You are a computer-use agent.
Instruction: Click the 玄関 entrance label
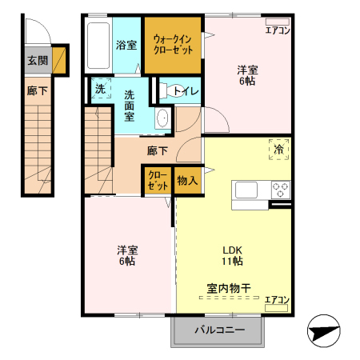(37, 60)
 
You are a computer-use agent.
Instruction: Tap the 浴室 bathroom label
(126, 45)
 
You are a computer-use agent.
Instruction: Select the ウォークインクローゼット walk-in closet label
(173, 44)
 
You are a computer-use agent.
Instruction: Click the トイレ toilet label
(186, 90)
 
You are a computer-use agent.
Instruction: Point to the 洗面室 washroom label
(129, 105)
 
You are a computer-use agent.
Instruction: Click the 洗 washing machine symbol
(100, 90)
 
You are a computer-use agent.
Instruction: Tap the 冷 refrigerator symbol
(278, 149)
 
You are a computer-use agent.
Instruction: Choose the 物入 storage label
(187, 181)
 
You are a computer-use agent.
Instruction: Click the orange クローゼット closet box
(158, 180)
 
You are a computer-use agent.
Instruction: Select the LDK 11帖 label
(233, 254)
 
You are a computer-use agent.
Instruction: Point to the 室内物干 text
(229, 286)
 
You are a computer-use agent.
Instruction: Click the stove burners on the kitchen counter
(280, 190)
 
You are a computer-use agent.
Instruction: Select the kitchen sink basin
(246, 190)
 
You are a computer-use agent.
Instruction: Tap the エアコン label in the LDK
(277, 300)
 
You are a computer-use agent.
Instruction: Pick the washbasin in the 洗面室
(162, 118)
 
